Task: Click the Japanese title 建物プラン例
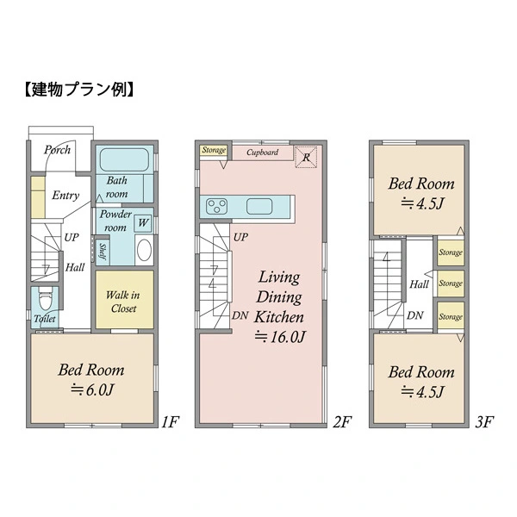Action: click(79, 90)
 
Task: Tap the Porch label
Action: click(58, 150)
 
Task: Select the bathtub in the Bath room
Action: click(124, 159)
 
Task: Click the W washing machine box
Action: click(143, 223)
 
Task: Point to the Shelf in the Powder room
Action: click(103, 252)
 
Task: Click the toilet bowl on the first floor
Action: click(45, 299)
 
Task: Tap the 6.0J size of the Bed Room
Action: click(92, 390)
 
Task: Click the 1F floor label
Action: click(170, 421)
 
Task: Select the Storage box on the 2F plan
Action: click(214, 150)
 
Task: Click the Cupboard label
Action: click(263, 153)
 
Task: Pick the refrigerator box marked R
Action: click(306, 157)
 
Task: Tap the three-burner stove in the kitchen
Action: click(216, 207)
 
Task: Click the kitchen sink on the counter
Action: click(259, 207)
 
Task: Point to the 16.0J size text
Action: click(280, 337)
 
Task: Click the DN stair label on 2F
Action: click(240, 315)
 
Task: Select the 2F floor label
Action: click(342, 421)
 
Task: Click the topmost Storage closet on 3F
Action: click(451, 252)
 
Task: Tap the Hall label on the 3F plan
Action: click(419, 284)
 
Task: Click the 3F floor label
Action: click(484, 421)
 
